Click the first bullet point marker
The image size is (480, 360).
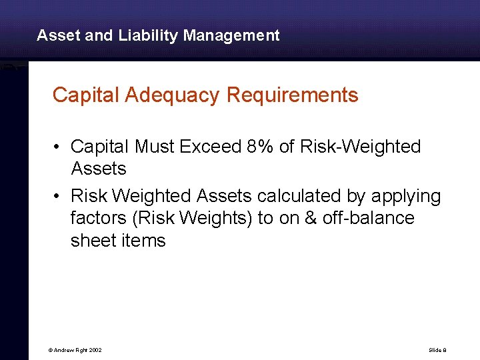(59, 147)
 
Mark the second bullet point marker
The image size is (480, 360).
(59, 197)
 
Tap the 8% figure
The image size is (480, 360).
(261, 146)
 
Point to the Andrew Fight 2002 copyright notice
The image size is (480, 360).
(75, 350)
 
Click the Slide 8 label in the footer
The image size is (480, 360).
(437, 350)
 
